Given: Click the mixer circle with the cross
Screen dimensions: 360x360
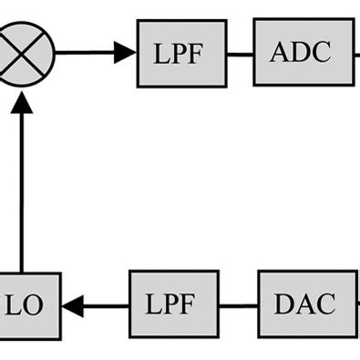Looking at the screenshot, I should pos(25,52).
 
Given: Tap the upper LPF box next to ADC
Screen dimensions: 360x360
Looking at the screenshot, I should pos(181,53).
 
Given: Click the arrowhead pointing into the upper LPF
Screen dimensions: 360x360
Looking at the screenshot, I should pos(126,53).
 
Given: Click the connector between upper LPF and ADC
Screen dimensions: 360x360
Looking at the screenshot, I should pos(240,53).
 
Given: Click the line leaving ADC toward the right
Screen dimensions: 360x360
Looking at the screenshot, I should pos(356,52).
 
